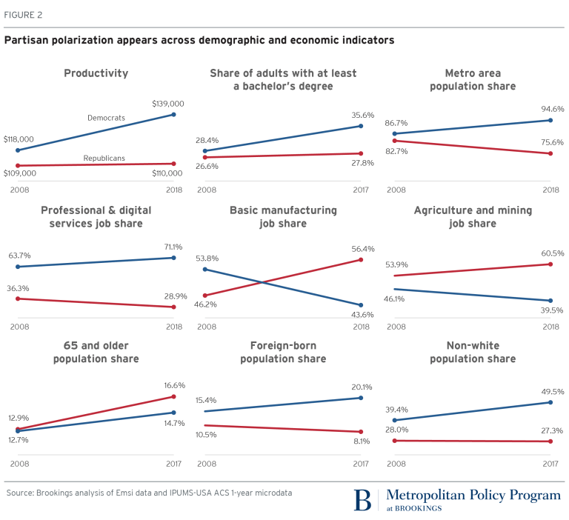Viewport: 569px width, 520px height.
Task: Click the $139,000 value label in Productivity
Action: (168, 104)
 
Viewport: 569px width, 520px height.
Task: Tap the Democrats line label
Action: (107, 118)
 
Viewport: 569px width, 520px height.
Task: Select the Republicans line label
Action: (104, 159)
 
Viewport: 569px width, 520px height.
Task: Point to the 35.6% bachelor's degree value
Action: (363, 115)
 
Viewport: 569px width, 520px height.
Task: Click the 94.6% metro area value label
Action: (553, 109)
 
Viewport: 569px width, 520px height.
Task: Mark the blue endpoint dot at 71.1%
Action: (173, 258)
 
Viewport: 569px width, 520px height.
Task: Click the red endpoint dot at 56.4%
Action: (361, 260)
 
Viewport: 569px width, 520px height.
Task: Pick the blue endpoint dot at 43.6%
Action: (361, 305)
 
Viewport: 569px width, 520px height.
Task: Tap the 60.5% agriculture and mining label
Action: (553, 253)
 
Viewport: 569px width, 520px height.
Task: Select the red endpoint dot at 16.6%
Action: (173, 396)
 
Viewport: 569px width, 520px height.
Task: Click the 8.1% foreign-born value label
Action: (362, 441)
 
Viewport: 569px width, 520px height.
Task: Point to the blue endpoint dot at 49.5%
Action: (550, 402)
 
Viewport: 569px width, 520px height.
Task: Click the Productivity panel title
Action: (96, 73)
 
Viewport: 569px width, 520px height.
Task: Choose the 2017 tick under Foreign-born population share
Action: (361, 464)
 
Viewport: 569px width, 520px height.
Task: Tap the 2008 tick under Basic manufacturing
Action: (207, 327)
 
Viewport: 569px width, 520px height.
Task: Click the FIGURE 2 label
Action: (23, 15)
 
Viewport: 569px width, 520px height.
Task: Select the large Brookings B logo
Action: (362, 500)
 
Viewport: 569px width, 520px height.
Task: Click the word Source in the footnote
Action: (20, 493)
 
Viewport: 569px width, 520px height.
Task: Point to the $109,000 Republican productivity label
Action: (20, 173)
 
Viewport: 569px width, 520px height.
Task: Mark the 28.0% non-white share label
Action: (397, 430)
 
